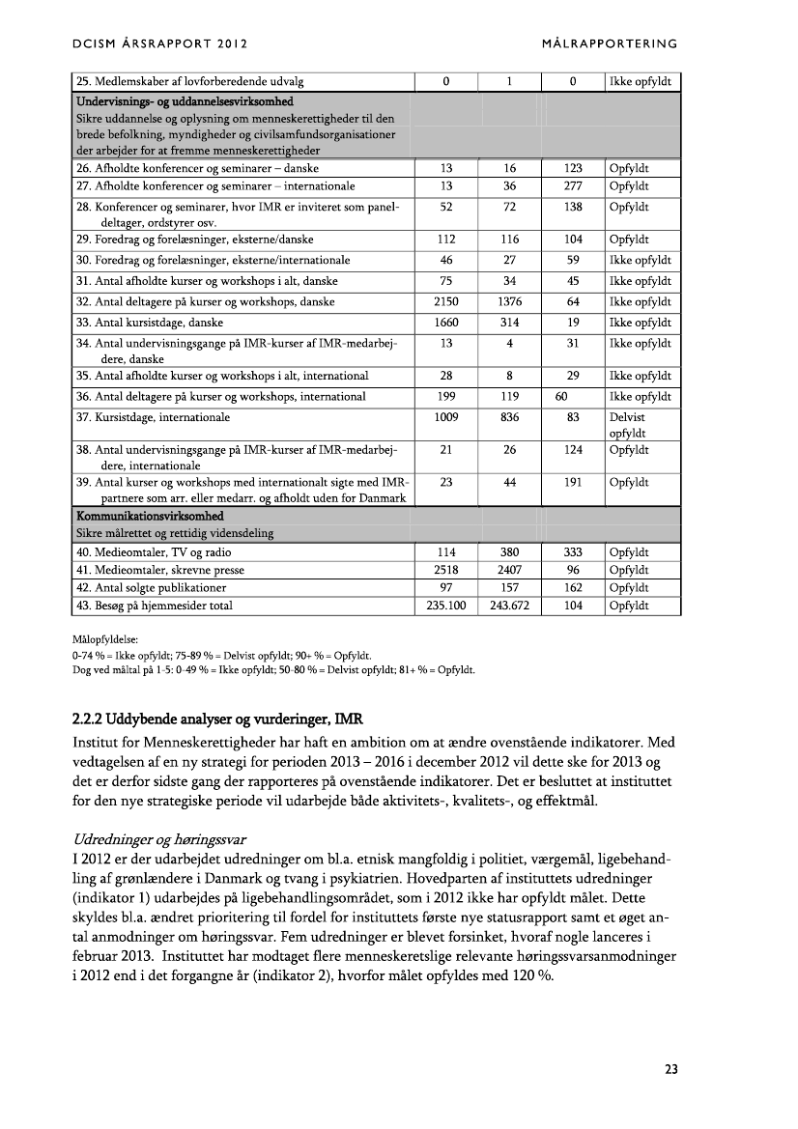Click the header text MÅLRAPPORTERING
pos(611,44)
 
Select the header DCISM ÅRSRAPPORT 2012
pos(160,44)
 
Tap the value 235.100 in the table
pos(446,607)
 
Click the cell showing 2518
pos(446,570)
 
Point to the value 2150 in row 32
pos(446,302)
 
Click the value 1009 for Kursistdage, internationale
pos(446,418)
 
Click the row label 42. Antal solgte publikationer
pos(152,588)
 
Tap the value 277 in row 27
pos(573,186)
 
